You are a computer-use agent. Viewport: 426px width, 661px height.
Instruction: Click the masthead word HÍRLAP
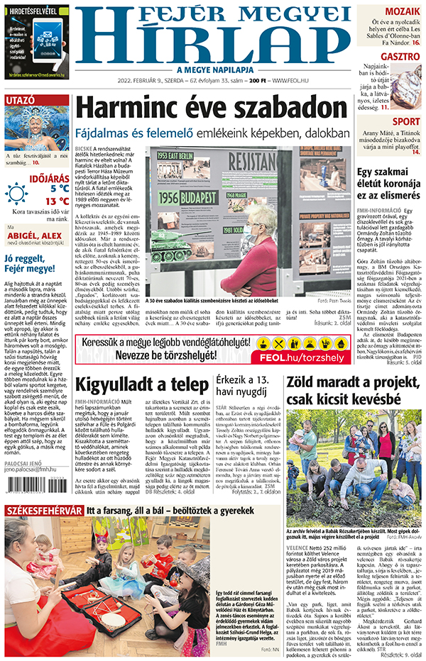(x=212, y=43)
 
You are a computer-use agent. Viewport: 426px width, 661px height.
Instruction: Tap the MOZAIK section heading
(x=403, y=11)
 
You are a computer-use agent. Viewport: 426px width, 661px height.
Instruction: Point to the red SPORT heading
(x=405, y=121)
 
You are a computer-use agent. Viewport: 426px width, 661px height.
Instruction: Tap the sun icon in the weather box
(x=16, y=192)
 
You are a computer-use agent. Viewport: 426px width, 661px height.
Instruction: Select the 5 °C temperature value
(x=59, y=189)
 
